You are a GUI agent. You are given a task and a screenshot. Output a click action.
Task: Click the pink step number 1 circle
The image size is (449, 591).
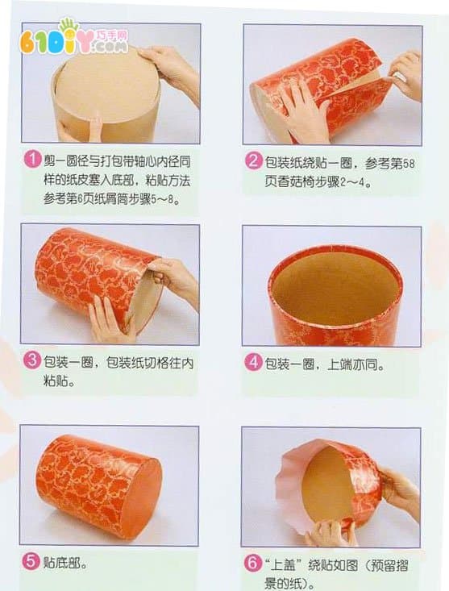(33, 159)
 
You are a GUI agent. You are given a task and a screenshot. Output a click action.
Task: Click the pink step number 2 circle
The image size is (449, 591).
(253, 161)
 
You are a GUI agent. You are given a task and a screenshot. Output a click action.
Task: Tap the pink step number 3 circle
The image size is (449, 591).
(32, 360)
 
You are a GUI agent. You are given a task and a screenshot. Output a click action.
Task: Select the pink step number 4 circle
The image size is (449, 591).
(253, 363)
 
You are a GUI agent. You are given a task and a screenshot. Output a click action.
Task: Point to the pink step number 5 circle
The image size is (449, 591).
(31, 562)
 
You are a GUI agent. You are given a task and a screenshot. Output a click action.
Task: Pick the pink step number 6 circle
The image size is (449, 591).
(253, 564)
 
